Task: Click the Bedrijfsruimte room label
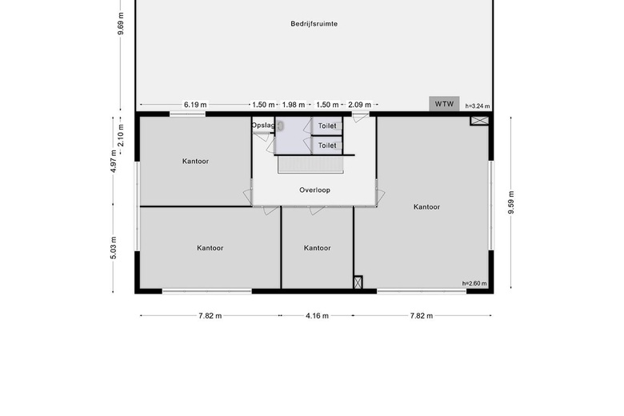(x=314, y=24)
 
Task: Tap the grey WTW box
(x=444, y=104)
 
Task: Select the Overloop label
(x=314, y=190)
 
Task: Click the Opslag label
(x=262, y=126)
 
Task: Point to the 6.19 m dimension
(x=195, y=105)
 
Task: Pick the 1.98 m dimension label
(x=294, y=105)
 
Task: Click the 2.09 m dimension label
(x=360, y=105)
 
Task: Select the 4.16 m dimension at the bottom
(x=317, y=316)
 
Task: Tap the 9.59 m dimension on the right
(x=511, y=202)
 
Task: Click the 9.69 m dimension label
(x=121, y=24)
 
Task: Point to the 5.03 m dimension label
(x=114, y=248)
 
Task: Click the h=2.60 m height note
(x=474, y=283)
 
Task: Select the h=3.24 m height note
(x=478, y=106)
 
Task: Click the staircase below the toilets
(x=310, y=165)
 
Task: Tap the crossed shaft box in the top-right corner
(x=479, y=121)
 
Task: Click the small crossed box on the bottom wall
(x=358, y=282)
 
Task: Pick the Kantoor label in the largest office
(x=426, y=207)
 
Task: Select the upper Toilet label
(x=327, y=126)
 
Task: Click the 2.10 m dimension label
(x=121, y=135)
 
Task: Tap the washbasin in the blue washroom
(x=281, y=126)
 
